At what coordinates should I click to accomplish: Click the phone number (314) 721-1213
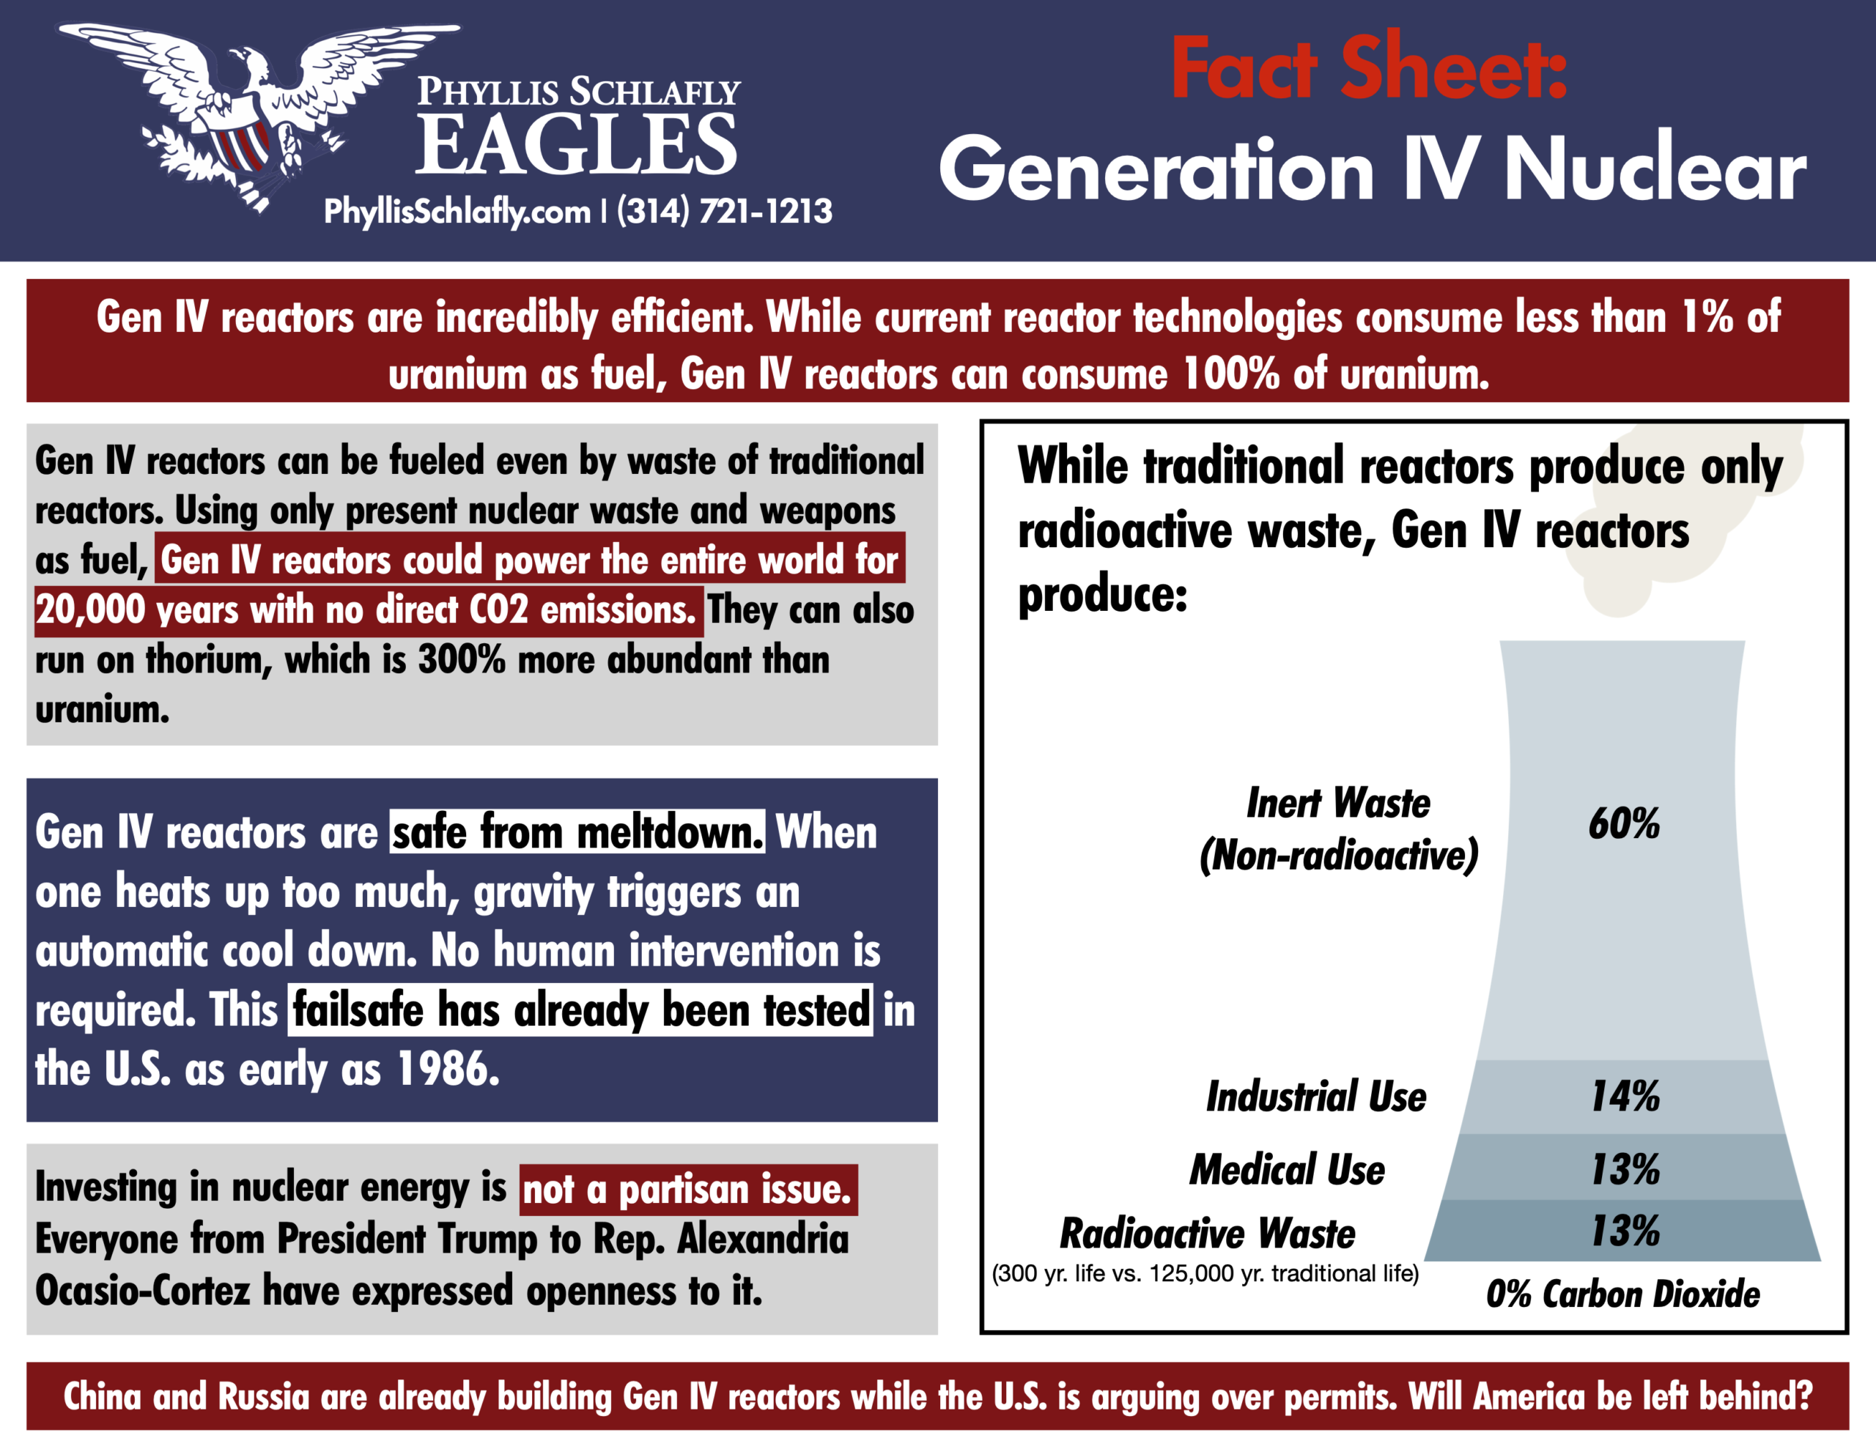pyautogui.click(x=724, y=211)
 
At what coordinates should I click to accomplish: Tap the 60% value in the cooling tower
pyautogui.click(x=1623, y=823)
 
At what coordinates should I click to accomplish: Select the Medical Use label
pyautogui.click(x=1287, y=1169)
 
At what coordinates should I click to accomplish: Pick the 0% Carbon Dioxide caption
pyautogui.click(x=1622, y=1293)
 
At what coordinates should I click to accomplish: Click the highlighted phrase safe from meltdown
pyautogui.click(x=577, y=832)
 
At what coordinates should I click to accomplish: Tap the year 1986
pyautogui.click(x=448, y=1069)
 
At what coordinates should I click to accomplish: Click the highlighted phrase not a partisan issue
pyautogui.click(x=688, y=1190)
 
